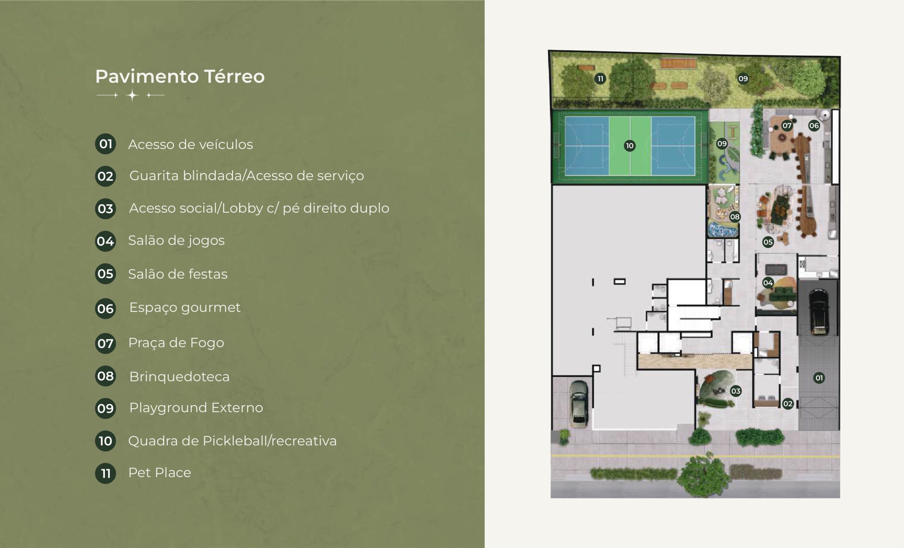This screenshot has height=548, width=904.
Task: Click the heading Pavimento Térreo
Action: click(x=180, y=77)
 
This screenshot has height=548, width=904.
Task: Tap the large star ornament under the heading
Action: click(x=132, y=95)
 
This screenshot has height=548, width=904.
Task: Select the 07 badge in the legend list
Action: click(x=106, y=343)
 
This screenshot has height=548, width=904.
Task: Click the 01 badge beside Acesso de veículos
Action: click(x=106, y=143)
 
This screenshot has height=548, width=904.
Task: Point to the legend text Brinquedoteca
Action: click(x=179, y=377)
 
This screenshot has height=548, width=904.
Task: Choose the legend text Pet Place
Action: click(x=160, y=473)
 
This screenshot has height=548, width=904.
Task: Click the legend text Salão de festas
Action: click(x=178, y=274)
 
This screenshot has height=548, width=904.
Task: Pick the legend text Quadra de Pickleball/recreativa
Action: click(x=232, y=441)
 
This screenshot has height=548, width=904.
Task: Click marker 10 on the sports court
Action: click(x=630, y=146)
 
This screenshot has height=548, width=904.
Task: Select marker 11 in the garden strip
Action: click(x=600, y=78)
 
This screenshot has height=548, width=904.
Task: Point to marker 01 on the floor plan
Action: click(x=819, y=378)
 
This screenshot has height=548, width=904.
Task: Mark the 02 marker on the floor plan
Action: click(x=788, y=404)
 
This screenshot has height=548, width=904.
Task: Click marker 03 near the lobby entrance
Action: click(x=736, y=391)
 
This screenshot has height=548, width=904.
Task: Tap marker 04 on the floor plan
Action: click(x=768, y=283)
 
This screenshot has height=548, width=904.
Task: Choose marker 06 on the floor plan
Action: click(x=814, y=125)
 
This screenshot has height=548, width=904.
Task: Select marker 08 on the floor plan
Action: click(x=734, y=217)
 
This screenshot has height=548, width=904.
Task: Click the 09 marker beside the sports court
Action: click(x=722, y=143)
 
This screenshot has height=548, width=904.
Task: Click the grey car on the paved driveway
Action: click(x=579, y=404)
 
